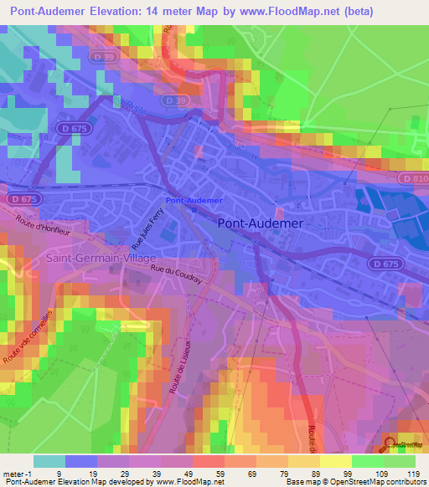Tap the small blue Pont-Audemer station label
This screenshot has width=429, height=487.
[194, 201]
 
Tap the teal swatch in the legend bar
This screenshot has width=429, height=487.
[49, 461]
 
